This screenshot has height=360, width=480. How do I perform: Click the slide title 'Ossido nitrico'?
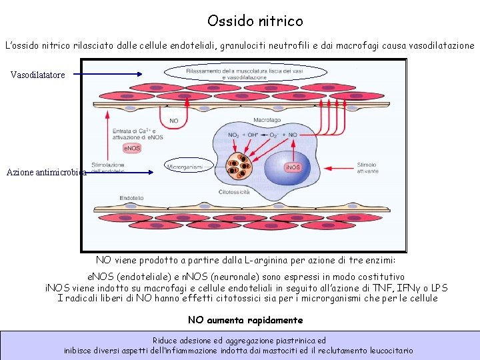pyautogui.click(x=255, y=21)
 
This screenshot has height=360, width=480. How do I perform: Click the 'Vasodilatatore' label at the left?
pyautogui.click(x=38, y=75)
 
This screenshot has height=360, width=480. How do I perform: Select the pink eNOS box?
pyautogui.click(x=132, y=148)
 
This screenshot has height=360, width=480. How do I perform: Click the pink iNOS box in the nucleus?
pyautogui.click(x=293, y=167)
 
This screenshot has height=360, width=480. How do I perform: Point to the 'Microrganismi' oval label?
pyautogui.click(x=185, y=167)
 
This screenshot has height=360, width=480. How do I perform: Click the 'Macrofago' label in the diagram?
pyautogui.click(x=247, y=120)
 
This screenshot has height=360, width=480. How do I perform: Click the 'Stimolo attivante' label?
pyautogui.click(x=368, y=167)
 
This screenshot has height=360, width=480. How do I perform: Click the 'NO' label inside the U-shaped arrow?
pyautogui.click(x=173, y=121)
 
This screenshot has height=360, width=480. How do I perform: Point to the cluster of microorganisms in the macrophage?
pyautogui.click(x=239, y=166)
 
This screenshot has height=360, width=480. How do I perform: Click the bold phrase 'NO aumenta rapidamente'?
pyautogui.click(x=245, y=320)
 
